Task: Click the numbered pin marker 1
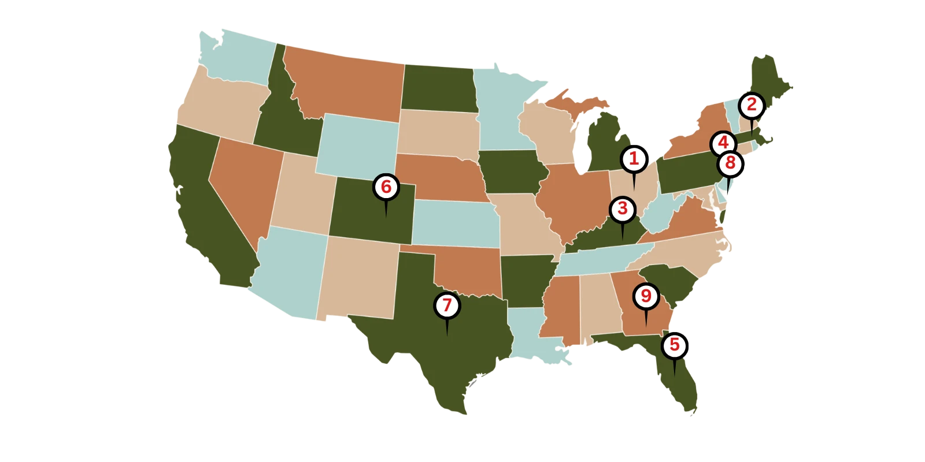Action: [x=634, y=159]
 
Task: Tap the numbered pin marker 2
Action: [x=752, y=105]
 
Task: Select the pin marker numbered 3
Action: [x=622, y=208]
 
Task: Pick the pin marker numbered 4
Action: [x=723, y=143]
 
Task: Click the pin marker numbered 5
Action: [x=674, y=345]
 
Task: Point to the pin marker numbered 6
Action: [x=386, y=187]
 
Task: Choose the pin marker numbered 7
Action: [x=447, y=305]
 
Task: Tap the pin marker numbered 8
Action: [x=730, y=163]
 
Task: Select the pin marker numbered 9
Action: [x=646, y=296]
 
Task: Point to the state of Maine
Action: [x=769, y=81]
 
